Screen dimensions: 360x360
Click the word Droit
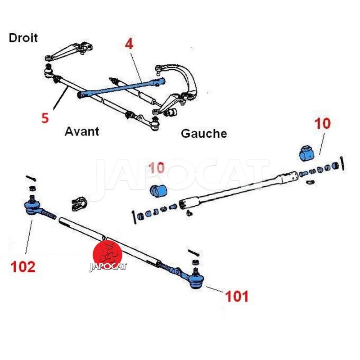(x=23, y=38)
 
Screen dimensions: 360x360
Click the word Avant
(x=82, y=131)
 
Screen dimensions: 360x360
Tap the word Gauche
(x=204, y=134)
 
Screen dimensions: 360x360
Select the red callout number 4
(x=129, y=44)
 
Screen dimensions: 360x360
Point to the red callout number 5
(x=45, y=118)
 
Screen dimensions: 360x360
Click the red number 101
(x=237, y=296)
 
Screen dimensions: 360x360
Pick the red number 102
(x=23, y=267)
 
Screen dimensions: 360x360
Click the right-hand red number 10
(x=323, y=123)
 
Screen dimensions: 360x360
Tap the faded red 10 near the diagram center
(x=157, y=167)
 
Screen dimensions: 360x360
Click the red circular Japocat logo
(x=107, y=255)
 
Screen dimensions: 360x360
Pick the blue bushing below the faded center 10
(x=158, y=191)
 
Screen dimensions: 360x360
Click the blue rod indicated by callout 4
(x=121, y=88)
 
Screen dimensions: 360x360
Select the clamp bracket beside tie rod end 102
(x=79, y=203)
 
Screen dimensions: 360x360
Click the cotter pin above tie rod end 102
(x=31, y=178)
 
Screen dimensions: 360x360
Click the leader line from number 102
(x=29, y=237)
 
